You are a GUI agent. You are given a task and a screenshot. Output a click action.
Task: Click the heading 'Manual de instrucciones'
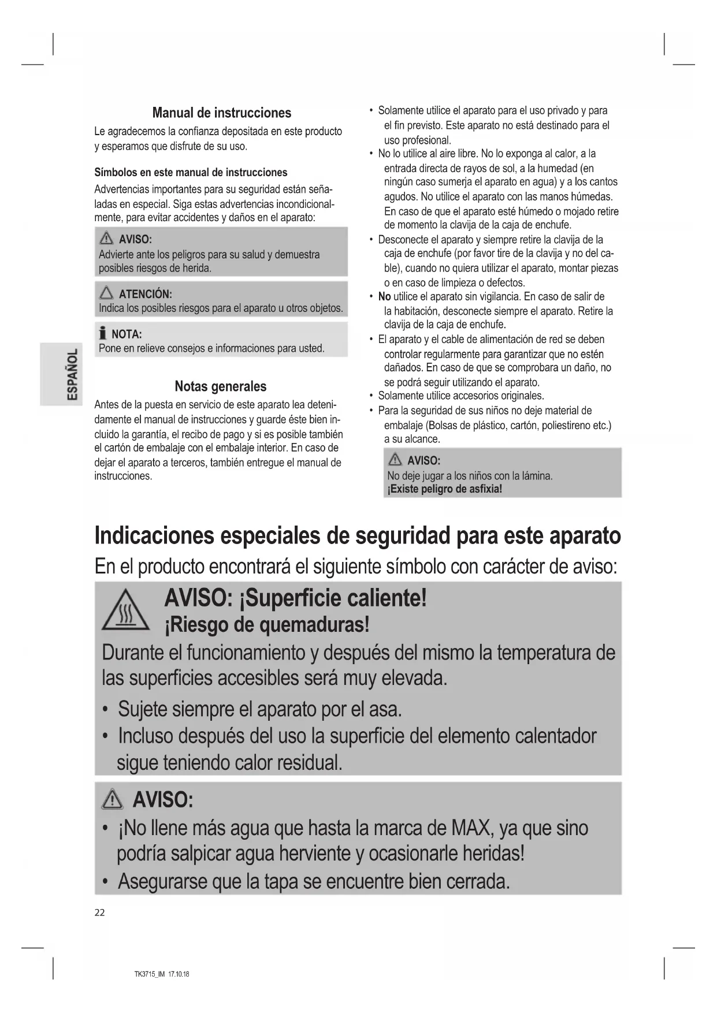click(221, 113)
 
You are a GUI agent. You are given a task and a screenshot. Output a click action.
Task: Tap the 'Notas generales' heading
click(221, 386)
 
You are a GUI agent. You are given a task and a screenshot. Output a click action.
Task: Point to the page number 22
click(99, 913)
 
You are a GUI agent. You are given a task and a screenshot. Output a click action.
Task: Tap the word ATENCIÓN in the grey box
click(145, 294)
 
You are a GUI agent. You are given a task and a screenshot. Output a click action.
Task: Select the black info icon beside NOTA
click(102, 333)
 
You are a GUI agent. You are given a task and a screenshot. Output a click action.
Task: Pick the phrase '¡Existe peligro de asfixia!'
click(444, 489)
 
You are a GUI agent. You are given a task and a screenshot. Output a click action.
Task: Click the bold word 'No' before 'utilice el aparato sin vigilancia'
click(384, 297)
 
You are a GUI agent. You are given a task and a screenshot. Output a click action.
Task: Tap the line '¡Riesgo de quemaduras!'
click(266, 625)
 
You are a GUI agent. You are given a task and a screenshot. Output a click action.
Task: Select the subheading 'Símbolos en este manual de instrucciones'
click(191, 173)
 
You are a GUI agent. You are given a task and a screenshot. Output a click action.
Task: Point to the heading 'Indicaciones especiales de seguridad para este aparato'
click(357, 535)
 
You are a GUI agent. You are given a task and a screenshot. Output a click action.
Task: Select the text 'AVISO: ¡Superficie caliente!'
click(295, 598)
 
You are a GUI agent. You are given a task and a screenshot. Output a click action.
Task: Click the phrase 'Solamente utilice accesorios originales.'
click(460, 396)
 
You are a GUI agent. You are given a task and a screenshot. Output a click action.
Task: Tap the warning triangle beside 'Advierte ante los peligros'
click(106, 239)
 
